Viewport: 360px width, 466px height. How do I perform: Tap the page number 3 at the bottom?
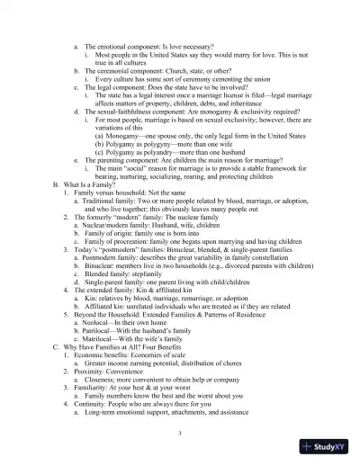point(181,435)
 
